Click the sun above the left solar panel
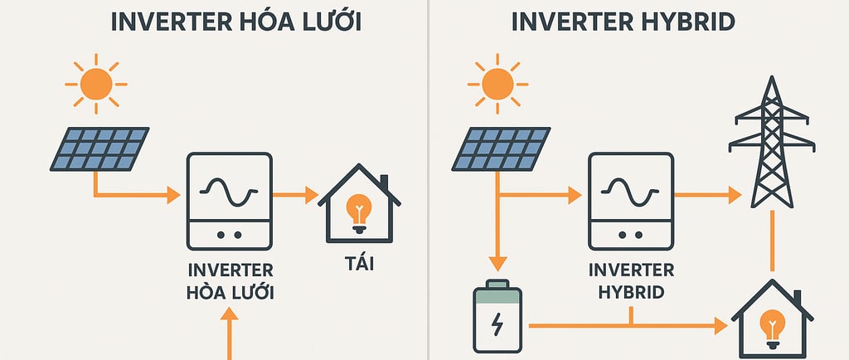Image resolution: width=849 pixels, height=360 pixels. [96, 83]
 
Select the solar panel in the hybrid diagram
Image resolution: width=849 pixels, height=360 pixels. [500, 149]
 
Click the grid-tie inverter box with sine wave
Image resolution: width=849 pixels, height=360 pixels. [230, 201]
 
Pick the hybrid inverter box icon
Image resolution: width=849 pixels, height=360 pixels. [631, 201]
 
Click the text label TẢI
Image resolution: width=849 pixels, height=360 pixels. [359, 264]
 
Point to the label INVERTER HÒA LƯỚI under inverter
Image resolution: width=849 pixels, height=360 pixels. [230, 281]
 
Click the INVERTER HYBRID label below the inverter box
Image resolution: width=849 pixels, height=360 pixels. [631, 281]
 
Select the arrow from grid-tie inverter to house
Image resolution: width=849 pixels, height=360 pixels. [295, 196]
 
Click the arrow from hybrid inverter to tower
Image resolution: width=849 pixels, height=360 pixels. [706, 196]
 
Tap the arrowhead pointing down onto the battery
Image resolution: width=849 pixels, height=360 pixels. [497, 265]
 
